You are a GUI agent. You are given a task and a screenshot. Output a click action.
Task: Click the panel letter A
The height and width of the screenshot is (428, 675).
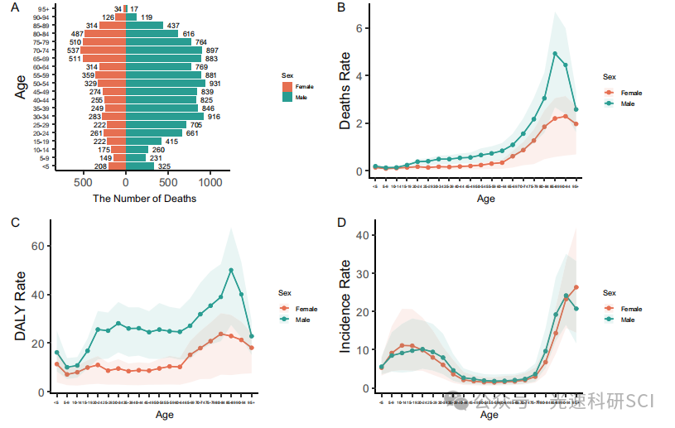15,7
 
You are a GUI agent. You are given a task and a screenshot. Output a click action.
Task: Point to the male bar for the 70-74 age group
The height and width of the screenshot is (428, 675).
164,50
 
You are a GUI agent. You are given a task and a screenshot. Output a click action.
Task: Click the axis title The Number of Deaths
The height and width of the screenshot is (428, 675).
145,199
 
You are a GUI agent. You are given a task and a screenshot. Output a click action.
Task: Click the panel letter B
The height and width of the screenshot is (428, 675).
340,7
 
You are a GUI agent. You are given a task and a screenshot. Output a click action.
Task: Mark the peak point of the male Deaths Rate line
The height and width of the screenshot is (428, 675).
555,54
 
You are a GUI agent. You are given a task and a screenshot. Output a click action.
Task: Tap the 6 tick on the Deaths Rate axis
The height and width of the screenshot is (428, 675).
360,28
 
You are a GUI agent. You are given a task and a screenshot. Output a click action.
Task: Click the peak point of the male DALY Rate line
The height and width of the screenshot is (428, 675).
231,270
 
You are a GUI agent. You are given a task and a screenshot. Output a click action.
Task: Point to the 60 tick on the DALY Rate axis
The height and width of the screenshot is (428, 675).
37,246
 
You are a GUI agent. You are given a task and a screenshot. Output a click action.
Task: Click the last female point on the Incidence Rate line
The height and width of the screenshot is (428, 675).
576,287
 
